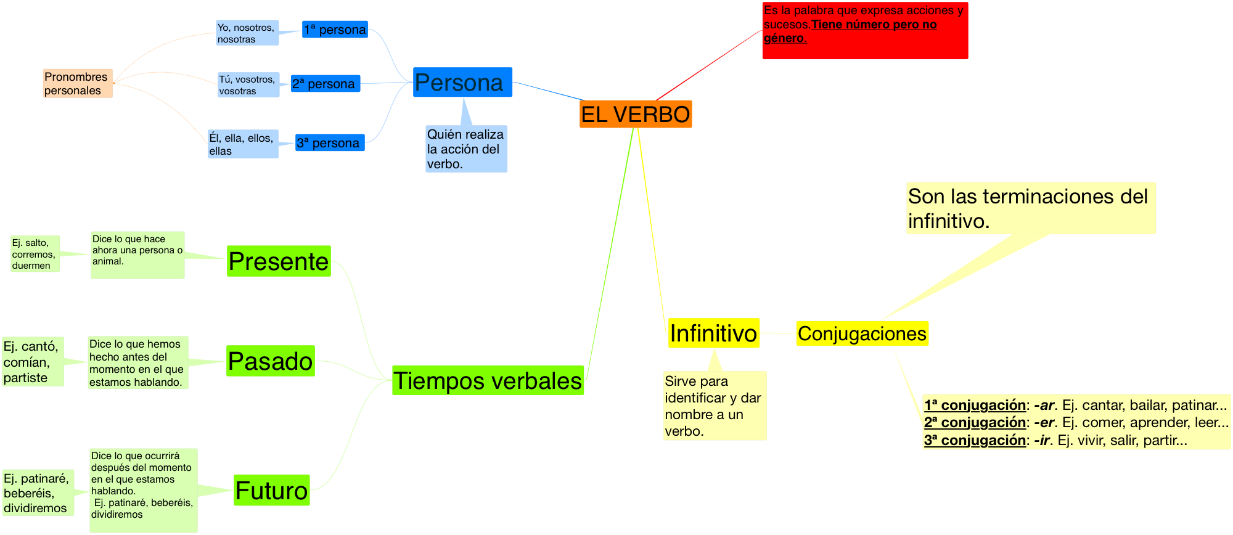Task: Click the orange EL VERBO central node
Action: click(636, 115)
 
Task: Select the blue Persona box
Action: click(462, 82)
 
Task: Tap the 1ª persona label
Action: click(335, 30)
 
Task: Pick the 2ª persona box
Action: click(325, 84)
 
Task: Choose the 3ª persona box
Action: click(330, 143)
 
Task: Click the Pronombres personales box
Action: click(77, 84)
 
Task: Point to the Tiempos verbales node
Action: click(488, 380)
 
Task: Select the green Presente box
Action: click(279, 261)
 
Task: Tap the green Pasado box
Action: click(271, 361)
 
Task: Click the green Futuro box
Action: click(272, 491)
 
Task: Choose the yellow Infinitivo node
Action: click(713, 333)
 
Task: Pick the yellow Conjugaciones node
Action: click(862, 333)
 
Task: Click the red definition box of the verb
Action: click(865, 31)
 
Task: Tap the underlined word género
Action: click(784, 38)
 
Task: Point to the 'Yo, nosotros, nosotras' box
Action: click(247, 33)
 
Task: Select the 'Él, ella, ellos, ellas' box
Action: click(243, 144)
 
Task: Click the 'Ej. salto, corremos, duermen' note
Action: click(35, 254)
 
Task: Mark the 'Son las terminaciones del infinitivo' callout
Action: click(1030, 208)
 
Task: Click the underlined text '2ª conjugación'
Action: click(975, 423)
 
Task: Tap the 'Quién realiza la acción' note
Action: click(466, 149)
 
